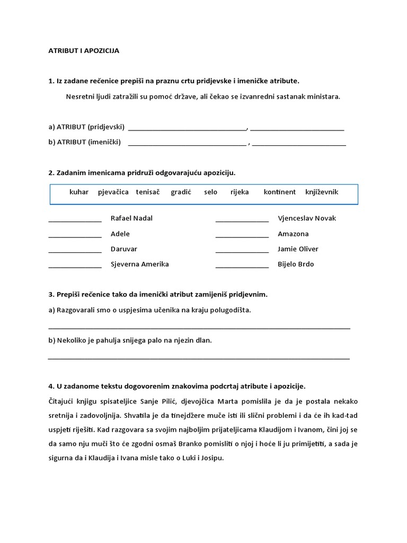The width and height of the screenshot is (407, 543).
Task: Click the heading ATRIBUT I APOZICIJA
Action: pos(84,51)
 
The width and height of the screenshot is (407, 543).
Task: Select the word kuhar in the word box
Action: pos(79,192)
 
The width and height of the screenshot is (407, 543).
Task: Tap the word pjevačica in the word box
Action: pos(113,192)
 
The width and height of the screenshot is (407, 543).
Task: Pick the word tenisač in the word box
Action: pos(148,192)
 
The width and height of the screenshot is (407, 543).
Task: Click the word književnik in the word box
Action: pos(322,192)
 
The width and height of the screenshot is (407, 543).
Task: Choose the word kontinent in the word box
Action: pos(280,192)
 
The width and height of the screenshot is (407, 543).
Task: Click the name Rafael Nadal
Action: pos(131,218)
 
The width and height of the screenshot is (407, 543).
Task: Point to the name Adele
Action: pos(120,234)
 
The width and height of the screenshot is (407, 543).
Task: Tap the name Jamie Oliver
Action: pos(298,249)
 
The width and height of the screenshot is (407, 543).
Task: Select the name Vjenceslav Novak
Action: pos(307,218)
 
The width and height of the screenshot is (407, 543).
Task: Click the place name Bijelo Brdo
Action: pos(296,265)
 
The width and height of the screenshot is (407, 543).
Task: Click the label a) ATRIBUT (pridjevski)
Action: pos(86,127)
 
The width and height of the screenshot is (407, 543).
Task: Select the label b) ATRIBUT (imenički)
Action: pos(85,142)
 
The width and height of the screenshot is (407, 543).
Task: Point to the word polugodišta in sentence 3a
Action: pos(230,310)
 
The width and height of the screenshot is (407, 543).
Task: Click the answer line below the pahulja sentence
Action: pos(199,358)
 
